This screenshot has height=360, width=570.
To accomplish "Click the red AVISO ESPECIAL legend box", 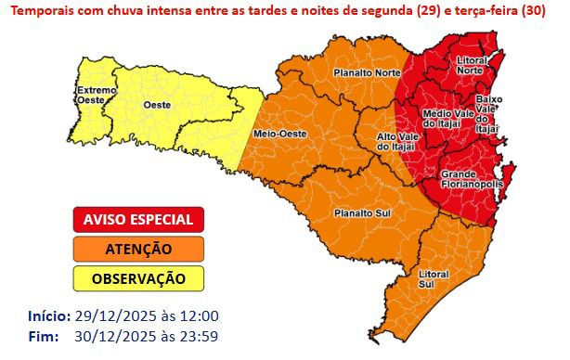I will tap(138, 220).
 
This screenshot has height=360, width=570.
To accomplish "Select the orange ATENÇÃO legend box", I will tap(138, 249).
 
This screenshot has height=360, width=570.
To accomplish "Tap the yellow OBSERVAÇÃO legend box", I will tap(138, 278).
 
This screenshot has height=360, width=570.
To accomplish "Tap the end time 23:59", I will tap(201, 335).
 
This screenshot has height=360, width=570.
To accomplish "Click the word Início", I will tap(48, 315).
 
